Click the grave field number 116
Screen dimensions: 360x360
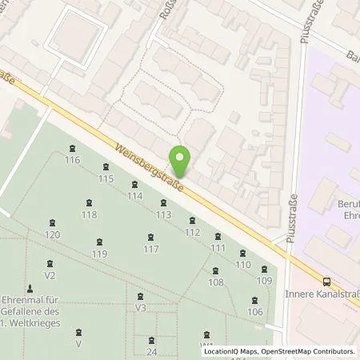(73, 160)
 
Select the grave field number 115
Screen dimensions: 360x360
(106, 178)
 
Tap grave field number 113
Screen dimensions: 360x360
(164, 214)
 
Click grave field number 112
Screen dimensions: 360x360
(192, 232)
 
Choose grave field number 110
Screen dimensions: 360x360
(243, 263)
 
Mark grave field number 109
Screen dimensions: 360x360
(265, 280)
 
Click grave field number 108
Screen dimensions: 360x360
(215, 282)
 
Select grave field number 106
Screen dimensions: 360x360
(255, 311)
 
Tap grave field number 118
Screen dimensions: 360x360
(89, 214)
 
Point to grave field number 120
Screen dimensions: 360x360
(53, 234)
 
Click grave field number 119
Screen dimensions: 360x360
(99, 253)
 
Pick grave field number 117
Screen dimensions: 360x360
(150, 249)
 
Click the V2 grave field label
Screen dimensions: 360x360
(50, 274)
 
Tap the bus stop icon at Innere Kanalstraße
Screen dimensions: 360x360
(326, 281)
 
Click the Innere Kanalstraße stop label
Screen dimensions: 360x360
(321, 294)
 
